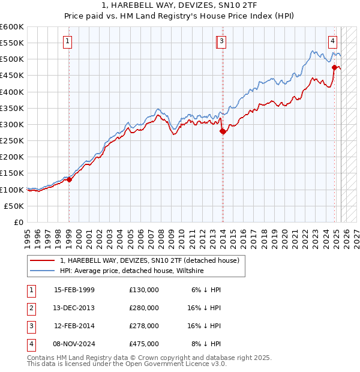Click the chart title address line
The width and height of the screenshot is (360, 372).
pyautogui.click(x=179, y=6)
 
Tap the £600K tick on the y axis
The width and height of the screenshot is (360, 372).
pyautogui.click(x=11, y=27)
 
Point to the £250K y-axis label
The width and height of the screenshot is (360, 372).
pyautogui.click(x=11, y=140)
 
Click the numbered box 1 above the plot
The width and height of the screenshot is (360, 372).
pyautogui.click(x=68, y=41)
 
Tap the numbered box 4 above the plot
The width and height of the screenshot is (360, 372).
pyautogui.click(x=332, y=41)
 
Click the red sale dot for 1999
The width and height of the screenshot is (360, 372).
pyautogui.click(x=69, y=179)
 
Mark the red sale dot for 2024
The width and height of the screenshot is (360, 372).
pyautogui.click(x=334, y=68)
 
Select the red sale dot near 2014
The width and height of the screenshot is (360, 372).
pyautogui.click(x=223, y=131)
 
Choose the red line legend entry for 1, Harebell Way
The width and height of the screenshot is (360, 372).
pyautogui.click(x=149, y=260)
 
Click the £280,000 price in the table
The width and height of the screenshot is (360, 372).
pyautogui.click(x=144, y=308)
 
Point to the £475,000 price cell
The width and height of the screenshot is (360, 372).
pyautogui.click(x=144, y=344)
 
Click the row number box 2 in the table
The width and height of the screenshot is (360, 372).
pyautogui.click(x=29, y=308)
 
